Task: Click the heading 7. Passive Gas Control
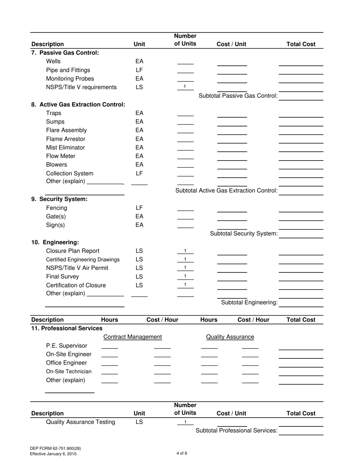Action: coord(65,53)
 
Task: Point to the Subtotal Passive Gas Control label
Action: coord(238,96)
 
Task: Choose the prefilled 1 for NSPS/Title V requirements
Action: coord(185,87)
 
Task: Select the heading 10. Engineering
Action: coord(55,242)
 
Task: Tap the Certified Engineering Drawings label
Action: coord(83,260)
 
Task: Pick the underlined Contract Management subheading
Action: coord(133,337)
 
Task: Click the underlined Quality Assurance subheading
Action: coord(230,337)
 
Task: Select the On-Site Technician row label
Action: coord(68,372)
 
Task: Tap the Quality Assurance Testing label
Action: coord(80,422)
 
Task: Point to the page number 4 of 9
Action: coord(181,454)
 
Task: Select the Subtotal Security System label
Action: coord(244,233)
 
